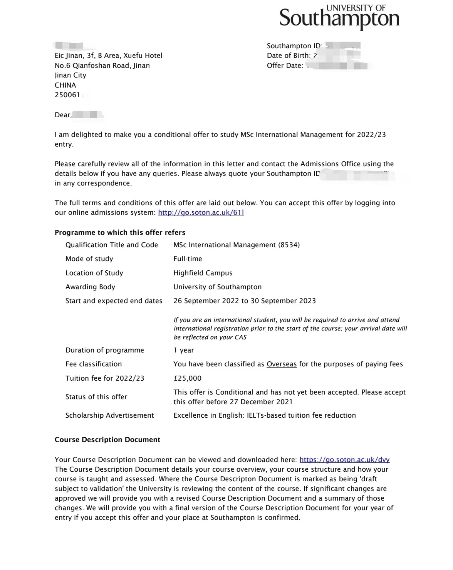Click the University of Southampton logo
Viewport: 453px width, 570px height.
[x=339, y=17]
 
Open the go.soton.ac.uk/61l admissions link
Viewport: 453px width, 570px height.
[x=201, y=212]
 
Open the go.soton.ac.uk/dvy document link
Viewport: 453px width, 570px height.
[x=344, y=460]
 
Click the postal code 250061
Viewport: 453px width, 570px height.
[x=67, y=95]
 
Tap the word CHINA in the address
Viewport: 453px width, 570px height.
[x=65, y=85]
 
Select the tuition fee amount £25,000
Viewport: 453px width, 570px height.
[x=187, y=378]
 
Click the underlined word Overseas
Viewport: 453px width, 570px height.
[x=282, y=364]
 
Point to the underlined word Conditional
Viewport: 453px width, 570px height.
[x=234, y=392]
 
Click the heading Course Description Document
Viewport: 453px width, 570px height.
[x=107, y=440]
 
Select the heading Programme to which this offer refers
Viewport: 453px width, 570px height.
[x=120, y=233]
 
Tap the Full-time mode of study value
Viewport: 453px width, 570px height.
[x=188, y=259]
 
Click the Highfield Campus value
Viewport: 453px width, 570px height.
[x=203, y=273]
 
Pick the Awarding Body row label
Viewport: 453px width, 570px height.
[x=90, y=287]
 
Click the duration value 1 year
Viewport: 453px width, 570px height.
[x=184, y=350]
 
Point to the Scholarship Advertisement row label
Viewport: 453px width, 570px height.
[x=109, y=415]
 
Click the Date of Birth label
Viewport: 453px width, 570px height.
[x=288, y=56]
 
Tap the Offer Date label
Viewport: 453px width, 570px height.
[x=285, y=66]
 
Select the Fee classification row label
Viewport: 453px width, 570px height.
[x=94, y=364]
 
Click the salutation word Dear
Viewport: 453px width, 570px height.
[x=62, y=115]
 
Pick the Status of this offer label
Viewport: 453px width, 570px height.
[x=96, y=397]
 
